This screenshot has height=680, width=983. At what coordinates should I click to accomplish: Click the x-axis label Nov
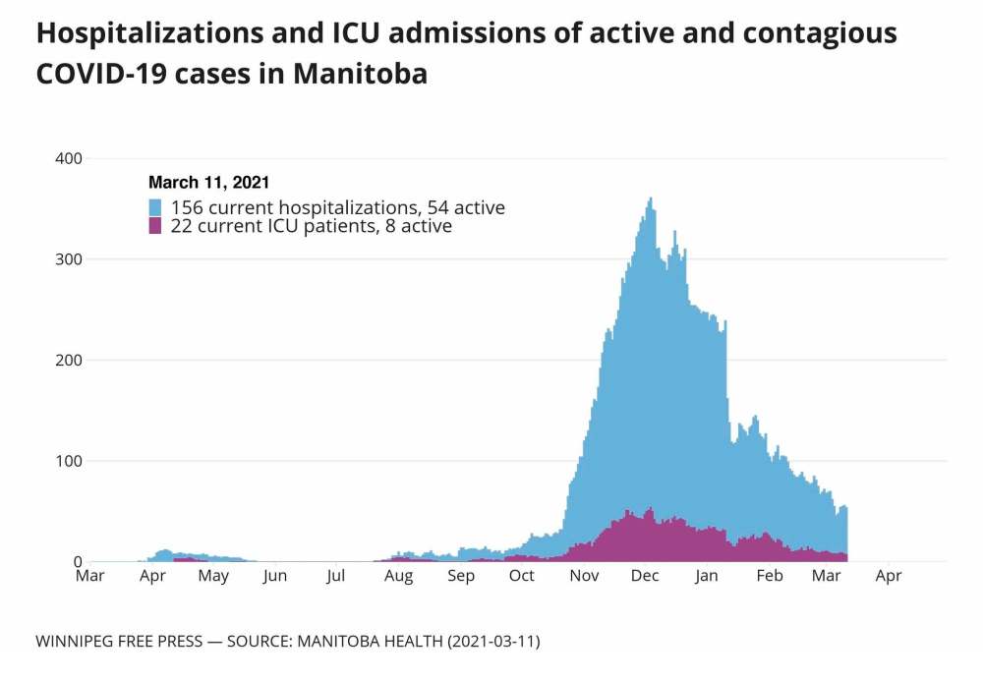point(585,576)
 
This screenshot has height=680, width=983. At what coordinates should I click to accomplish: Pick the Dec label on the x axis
point(646,576)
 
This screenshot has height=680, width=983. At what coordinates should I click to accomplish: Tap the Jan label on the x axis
point(707,576)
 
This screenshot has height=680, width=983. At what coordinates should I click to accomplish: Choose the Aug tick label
point(398,576)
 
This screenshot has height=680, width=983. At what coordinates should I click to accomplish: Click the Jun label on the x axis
point(275,576)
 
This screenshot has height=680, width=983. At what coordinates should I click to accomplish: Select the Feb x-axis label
point(769,576)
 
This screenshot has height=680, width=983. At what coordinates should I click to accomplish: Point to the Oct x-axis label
point(522,576)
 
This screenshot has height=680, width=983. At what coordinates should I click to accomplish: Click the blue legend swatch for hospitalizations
point(155,207)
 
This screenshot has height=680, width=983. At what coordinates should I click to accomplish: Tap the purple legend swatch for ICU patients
point(155,226)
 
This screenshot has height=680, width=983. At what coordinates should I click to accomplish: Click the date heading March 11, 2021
point(209,182)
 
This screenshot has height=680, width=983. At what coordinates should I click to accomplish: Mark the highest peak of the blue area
point(651,198)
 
